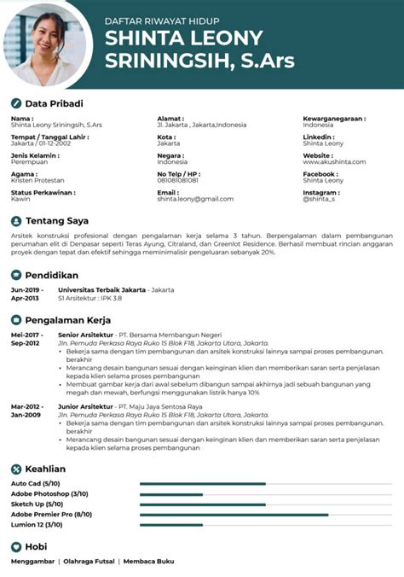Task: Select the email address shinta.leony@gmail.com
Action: pos(195,199)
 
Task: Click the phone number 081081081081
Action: pos(177,180)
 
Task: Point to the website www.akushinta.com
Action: pos(334,161)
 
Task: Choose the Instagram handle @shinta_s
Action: pos(319,199)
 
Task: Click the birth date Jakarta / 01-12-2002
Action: pos(42,143)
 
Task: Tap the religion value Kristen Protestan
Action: pos(37,180)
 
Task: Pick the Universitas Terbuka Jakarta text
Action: pos(98,290)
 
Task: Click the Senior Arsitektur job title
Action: pos(85,335)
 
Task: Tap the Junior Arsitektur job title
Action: pos(85,406)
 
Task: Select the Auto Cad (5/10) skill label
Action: pos(35,484)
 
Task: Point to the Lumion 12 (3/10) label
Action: pos(37,525)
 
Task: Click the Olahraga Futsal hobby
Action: pos(89,561)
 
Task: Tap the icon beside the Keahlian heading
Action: pos(16,469)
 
